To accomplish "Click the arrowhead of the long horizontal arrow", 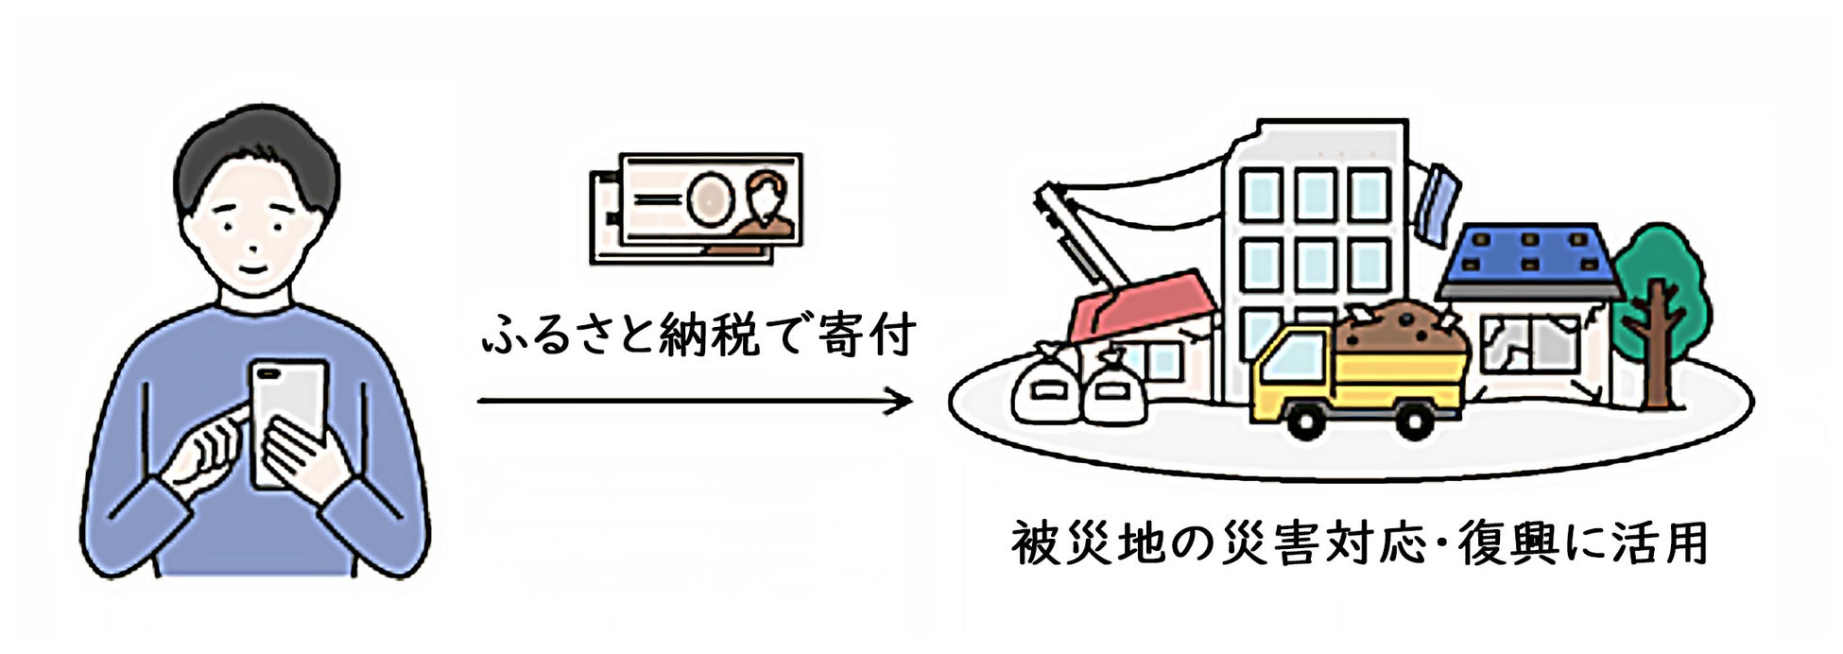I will tap(903, 401).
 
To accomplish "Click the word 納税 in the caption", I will tap(709, 335).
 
